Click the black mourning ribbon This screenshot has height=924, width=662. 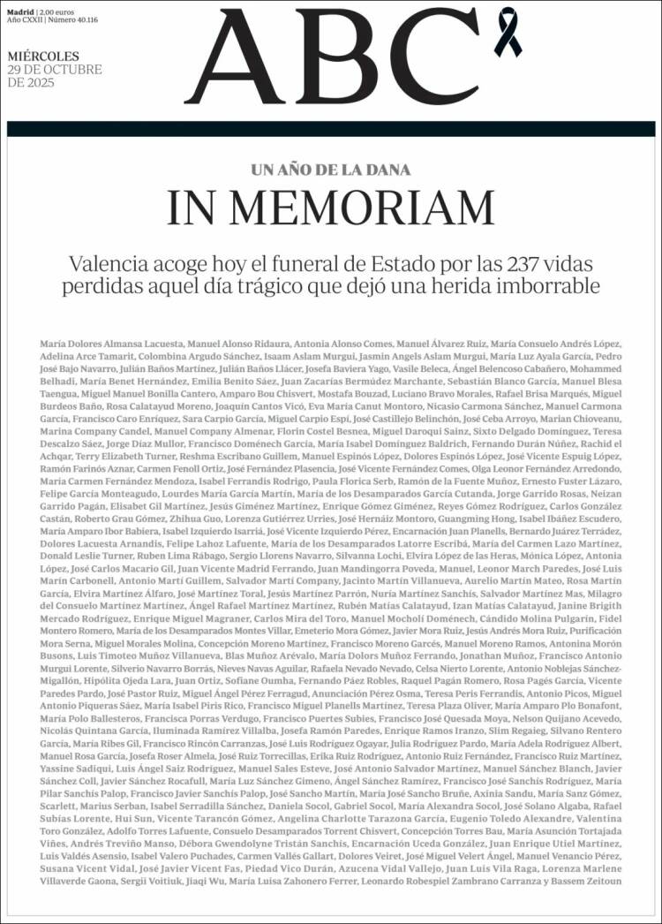510,26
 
